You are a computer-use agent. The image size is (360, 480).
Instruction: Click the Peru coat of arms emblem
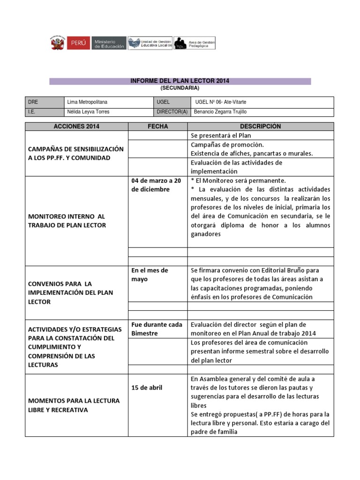tap(58, 44)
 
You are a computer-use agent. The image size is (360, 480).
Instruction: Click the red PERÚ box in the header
tap(78, 44)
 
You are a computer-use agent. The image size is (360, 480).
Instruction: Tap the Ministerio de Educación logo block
tap(109, 44)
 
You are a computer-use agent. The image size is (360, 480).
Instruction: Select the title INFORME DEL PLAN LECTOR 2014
tap(180, 81)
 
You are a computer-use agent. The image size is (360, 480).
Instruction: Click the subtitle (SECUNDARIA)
tap(180, 88)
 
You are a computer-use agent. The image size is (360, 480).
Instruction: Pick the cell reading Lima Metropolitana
tap(90, 102)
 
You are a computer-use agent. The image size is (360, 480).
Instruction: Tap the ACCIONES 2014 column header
tap(76, 127)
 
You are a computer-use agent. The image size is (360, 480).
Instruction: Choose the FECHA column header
tap(157, 127)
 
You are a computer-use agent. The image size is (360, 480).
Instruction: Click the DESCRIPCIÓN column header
tap(260, 127)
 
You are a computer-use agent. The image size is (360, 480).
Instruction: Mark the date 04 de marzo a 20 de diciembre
tap(156, 185)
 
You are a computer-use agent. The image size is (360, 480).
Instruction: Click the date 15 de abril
tap(147, 388)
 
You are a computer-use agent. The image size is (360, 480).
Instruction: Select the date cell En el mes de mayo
tap(150, 275)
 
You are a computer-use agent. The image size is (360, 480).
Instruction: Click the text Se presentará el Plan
tap(221, 135)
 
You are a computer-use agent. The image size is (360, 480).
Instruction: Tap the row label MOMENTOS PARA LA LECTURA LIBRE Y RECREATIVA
tap(74, 405)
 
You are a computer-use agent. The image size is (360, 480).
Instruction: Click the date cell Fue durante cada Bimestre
tap(157, 329)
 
